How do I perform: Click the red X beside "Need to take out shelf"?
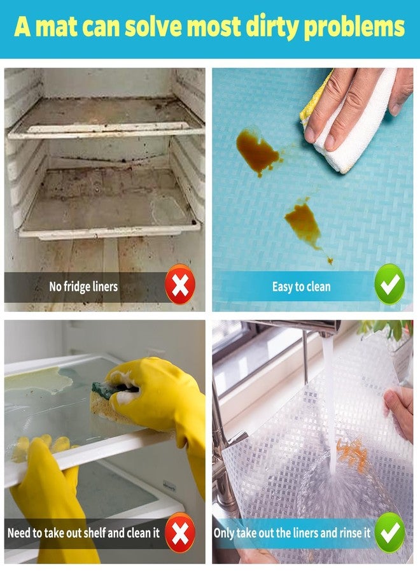point(180,532)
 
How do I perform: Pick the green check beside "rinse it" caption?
point(389,532)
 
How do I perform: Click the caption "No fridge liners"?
point(83,286)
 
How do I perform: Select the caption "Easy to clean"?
point(301,286)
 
